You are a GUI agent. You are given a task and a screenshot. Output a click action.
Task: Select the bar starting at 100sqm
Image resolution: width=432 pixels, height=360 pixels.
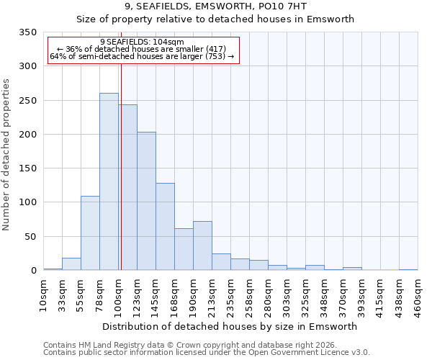(x=127, y=187)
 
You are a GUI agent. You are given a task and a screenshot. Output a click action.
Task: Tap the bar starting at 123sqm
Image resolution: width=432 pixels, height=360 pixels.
(x=146, y=201)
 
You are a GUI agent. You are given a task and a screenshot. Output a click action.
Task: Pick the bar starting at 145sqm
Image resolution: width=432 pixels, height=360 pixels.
(x=165, y=227)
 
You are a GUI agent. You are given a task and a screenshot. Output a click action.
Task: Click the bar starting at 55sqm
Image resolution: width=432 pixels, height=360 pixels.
(x=90, y=233)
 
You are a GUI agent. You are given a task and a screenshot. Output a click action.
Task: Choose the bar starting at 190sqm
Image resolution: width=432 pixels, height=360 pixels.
(x=202, y=246)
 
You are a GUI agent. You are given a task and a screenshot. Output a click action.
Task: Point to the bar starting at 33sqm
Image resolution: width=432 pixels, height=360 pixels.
(x=71, y=264)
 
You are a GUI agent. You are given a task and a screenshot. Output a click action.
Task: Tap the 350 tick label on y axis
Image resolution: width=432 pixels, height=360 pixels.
(x=28, y=32)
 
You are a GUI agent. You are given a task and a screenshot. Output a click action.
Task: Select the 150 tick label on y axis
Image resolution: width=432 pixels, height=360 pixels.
(x=28, y=168)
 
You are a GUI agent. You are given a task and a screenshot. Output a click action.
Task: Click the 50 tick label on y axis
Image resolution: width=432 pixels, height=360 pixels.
(x=31, y=236)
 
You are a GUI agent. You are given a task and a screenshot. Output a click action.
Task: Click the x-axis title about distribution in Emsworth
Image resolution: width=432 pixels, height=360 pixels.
(x=230, y=326)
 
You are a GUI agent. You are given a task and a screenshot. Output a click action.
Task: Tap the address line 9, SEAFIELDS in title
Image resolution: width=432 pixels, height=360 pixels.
(x=215, y=6)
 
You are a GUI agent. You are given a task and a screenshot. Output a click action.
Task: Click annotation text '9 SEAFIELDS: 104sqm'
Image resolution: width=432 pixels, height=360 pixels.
(x=142, y=42)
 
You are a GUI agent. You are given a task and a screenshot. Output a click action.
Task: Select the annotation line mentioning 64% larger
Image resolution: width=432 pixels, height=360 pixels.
(x=142, y=56)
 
